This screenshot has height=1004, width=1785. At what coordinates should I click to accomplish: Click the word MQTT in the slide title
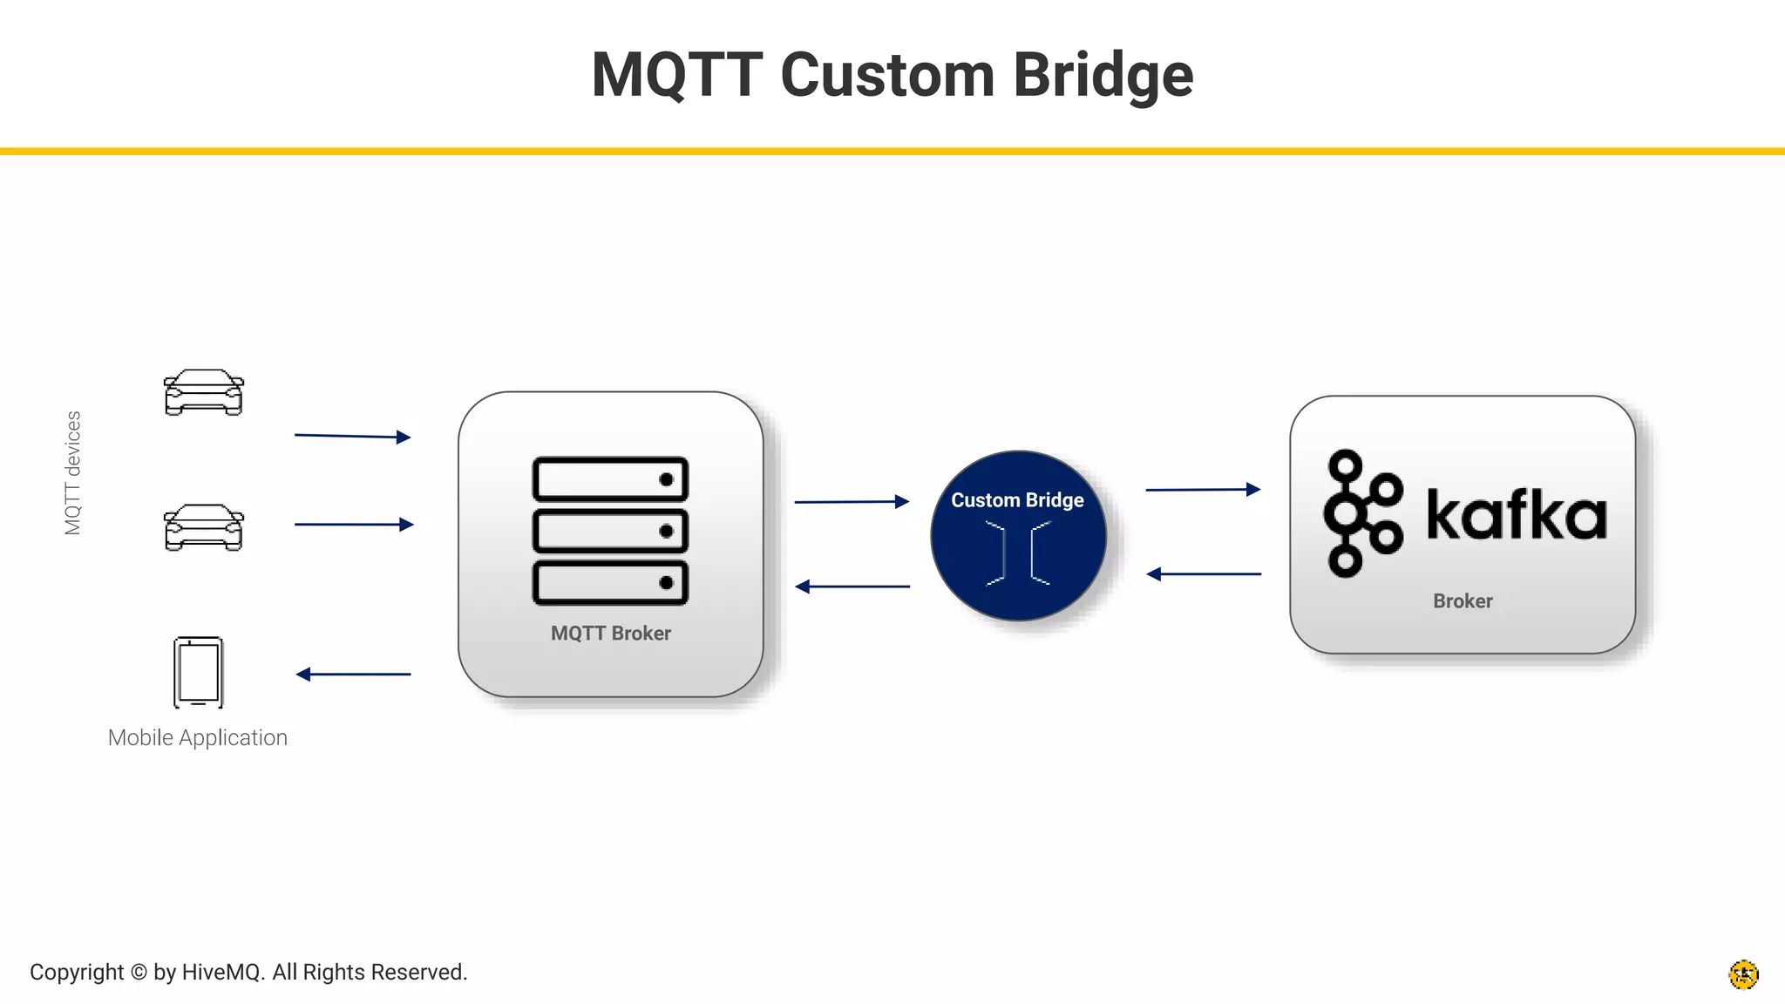tap(676, 76)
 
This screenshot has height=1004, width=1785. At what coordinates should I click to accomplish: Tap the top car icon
tap(203, 393)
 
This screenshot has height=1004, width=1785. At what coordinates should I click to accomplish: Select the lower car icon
tap(203, 527)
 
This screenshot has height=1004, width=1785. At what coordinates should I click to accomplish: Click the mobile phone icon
tap(199, 672)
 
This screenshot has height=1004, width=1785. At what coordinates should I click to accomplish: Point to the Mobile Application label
tap(197, 737)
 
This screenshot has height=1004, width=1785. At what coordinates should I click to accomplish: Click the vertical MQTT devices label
tap(72, 473)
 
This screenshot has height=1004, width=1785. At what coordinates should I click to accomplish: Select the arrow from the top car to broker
tap(352, 436)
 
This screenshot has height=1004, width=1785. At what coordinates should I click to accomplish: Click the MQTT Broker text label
tap(610, 634)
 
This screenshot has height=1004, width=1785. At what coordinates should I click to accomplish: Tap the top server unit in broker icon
tap(610, 479)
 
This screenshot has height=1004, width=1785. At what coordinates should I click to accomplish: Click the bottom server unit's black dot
tap(666, 583)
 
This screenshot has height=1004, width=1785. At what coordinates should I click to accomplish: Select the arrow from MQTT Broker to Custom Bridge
tap(852, 501)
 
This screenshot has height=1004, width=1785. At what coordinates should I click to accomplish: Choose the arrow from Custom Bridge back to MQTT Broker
tap(852, 587)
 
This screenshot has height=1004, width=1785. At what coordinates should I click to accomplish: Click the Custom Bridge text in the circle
tap(1017, 500)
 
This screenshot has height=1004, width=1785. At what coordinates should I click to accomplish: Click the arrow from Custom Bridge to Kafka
tap(1203, 490)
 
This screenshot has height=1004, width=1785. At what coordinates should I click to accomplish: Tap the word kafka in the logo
tap(1516, 515)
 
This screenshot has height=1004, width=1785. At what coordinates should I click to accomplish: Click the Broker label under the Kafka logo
tap(1463, 601)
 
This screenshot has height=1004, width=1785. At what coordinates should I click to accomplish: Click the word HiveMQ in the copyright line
tap(222, 972)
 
